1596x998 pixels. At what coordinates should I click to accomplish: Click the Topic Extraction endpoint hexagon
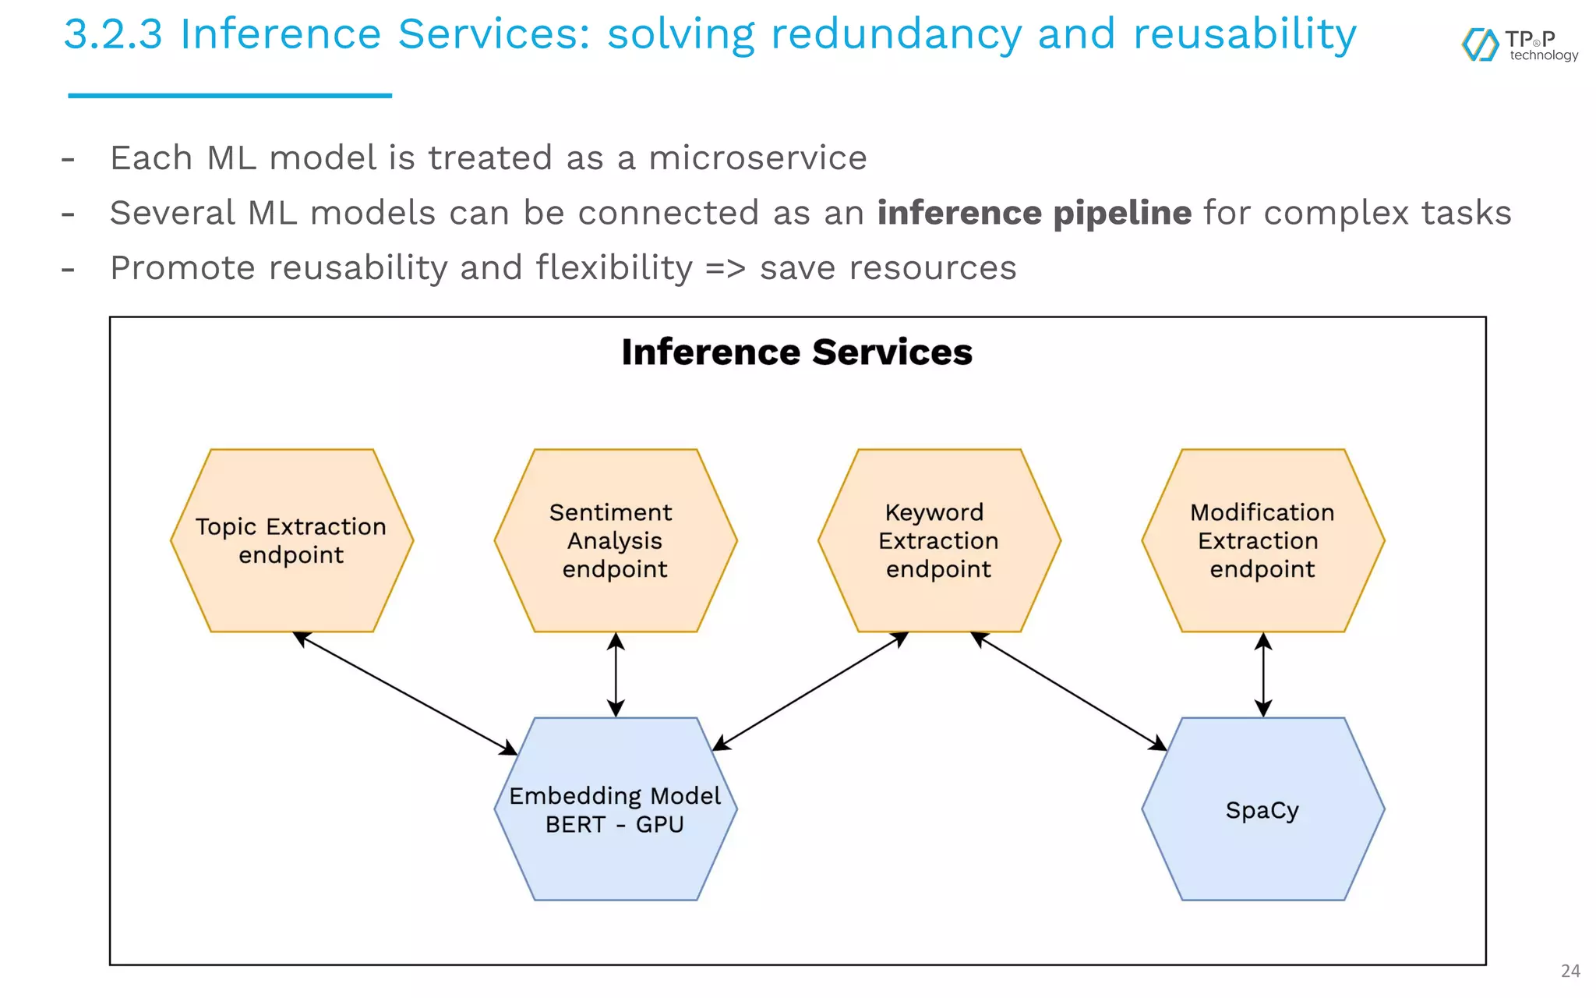pyautogui.click(x=291, y=540)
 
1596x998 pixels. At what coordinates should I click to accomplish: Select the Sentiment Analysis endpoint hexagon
pyautogui.click(x=615, y=540)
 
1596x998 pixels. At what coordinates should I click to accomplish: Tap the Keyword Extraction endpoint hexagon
pyautogui.click(x=938, y=540)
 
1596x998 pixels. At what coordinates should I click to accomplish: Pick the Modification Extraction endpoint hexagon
pyautogui.click(x=1262, y=540)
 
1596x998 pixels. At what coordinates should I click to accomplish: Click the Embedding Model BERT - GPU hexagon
pyautogui.click(x=615, y=809)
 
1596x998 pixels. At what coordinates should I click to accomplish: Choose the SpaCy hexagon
pyautogui.click(x=1262, y=809)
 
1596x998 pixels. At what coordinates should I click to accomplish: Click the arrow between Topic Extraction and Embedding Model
pyautogui.click(x=405, y=693)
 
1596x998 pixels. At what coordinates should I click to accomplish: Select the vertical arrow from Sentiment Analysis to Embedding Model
pyautogui.click(x=616, y=674)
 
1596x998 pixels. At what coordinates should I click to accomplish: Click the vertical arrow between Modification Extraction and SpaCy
pyautogui.click(x=1263, y=674)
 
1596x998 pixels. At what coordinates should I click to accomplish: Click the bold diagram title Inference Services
pyautogui.click(x=796, y=352)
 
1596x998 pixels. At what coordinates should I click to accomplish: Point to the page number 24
pyautogui.click(x=1570, y=971)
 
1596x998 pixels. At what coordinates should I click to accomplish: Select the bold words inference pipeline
pyautogui.click(x=1033, y=213)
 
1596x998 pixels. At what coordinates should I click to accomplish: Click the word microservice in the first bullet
pyautogui.click(x=757, y=158)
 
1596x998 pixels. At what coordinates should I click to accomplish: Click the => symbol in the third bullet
pyautogui.click(x=725, y=268)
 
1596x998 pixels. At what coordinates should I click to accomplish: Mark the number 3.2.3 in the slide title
pyautogui.click(x=113, y=35)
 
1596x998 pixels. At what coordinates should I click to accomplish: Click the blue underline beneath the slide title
pyautogui.click(x=230, y=96)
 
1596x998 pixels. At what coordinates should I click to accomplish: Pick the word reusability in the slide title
pyautogui.click(x=1244, y=35)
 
